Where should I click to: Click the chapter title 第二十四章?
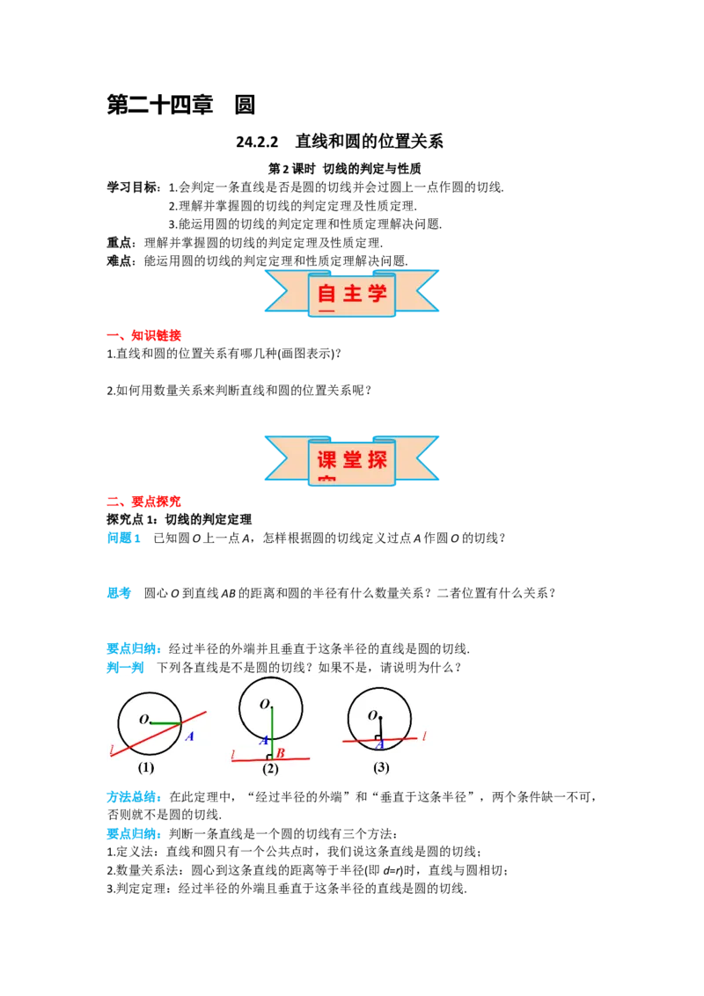coord(159,105)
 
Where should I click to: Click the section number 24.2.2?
coord(257,142)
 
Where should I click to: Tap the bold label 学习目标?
coord(132,187)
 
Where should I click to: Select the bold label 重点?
coord(120,243)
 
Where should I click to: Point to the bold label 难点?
coord(120,261)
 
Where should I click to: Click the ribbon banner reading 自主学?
coord(351,293)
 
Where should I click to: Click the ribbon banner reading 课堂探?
coord(351,460)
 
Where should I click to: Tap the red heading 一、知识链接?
coord(143,335)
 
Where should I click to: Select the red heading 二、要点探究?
coord(143,502)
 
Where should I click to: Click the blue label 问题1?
coord(123,538)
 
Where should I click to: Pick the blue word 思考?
coord(119,593)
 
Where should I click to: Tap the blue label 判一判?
coord(125,668)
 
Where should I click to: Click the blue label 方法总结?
coord(132,797)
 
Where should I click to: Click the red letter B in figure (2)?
coord(280,752)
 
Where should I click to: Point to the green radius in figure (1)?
coord(166,723)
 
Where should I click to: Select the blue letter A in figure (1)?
coord(189,736)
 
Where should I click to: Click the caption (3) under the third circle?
coord(381,767)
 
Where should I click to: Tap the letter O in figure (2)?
coord(265,704)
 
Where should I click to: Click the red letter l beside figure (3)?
coord(424,736)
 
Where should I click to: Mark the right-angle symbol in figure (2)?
coord(269,757)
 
